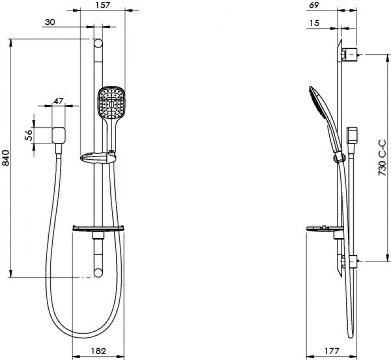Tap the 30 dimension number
[x=49, y=22]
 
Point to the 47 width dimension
[x=58, y=101]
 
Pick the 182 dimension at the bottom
[x=98, y=350]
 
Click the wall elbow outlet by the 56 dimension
[x=59, y=135]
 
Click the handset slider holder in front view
[x=97, y=157]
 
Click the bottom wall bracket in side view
[x=350, y=261]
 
